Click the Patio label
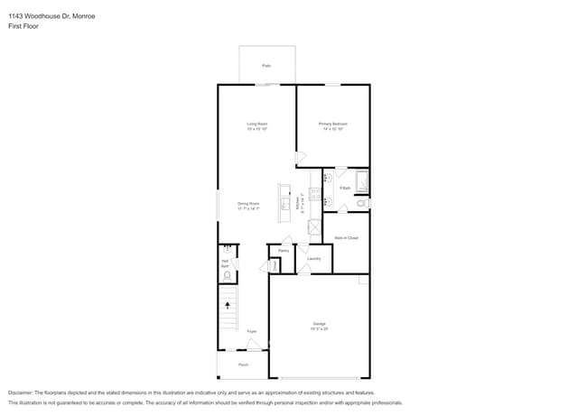[266, 66]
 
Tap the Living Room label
[257, 124]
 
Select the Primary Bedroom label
[332, 124]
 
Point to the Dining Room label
[248, 204]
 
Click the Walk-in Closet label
[346, 238]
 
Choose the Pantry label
[284, 251]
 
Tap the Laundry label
[314, 259]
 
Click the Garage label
[320, 324]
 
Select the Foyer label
[252, 331]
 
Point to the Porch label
[243, 364]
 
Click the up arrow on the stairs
[227, 305]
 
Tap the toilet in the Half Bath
[228, 274]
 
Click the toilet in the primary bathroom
[360, 205]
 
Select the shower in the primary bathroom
[361, 182]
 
